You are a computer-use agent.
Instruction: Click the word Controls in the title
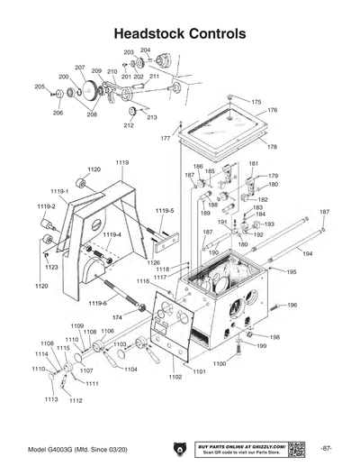pyautogui.click(x=216, y=33)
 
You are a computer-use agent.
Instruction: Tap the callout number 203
pyautogui.click(x=128, y=53)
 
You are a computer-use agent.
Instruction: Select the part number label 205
pyautogui.click(x=40, y=87)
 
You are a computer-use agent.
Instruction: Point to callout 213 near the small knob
pyautogui.click(x=151, y=118)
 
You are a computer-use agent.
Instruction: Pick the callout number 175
pyautogui.click(x=256, y=103)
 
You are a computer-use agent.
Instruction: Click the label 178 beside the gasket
pyautogui.click(x=272, y=146)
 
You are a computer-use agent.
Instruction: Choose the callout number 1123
pyautogui.click(x=52, y=268)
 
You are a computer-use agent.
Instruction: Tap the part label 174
pyautogui.click(x=117, y=318)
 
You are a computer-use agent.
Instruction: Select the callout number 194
pyautogui.click(x=308, y=255)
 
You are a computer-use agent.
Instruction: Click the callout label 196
pyautogui.click(x=292, y=306)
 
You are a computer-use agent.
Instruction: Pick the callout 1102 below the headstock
pyautogui.click(x=175, y=378)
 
